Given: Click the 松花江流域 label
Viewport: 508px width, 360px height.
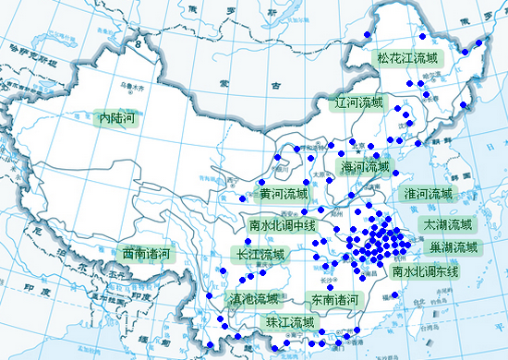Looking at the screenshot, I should click(407, 57).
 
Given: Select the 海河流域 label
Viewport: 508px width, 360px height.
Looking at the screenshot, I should click(367, 167).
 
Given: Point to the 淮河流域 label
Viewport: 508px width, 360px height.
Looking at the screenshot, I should click(429, 195).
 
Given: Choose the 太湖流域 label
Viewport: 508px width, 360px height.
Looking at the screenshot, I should click(447, 224).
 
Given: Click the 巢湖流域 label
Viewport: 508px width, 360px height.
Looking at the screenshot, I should click(454, 247).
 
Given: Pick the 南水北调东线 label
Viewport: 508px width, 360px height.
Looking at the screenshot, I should click(425, 272).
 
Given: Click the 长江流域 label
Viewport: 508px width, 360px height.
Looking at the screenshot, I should click(260, 254).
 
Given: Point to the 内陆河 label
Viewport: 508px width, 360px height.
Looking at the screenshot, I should click(117, 117).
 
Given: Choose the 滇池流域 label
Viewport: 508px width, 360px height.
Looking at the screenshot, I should click(253, 298).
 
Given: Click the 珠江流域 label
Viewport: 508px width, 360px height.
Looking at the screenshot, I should click(290, 322).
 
